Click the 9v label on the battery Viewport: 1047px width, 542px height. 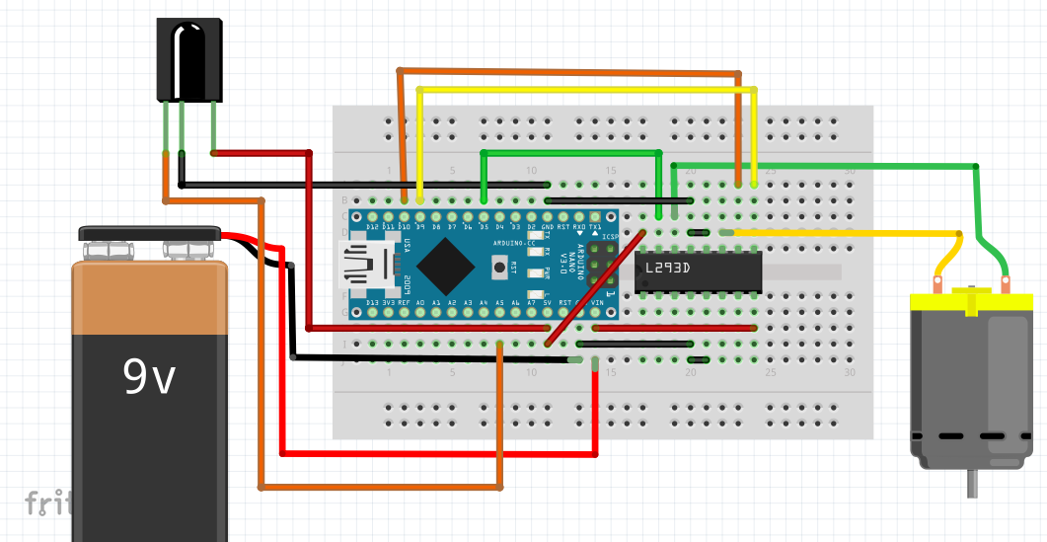point(148,376)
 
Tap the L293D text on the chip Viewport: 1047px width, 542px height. point(668,268)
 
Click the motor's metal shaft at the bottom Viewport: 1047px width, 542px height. point(973,483)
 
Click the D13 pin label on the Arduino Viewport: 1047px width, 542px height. point(373,302)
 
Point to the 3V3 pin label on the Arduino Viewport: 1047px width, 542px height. point(389,302)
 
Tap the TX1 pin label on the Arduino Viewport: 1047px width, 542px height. point(595,227)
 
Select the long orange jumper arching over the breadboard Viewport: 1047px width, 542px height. point(567,72)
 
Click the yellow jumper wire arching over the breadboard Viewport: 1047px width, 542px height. point(587,90)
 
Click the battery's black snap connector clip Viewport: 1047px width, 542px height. point(149,235)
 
